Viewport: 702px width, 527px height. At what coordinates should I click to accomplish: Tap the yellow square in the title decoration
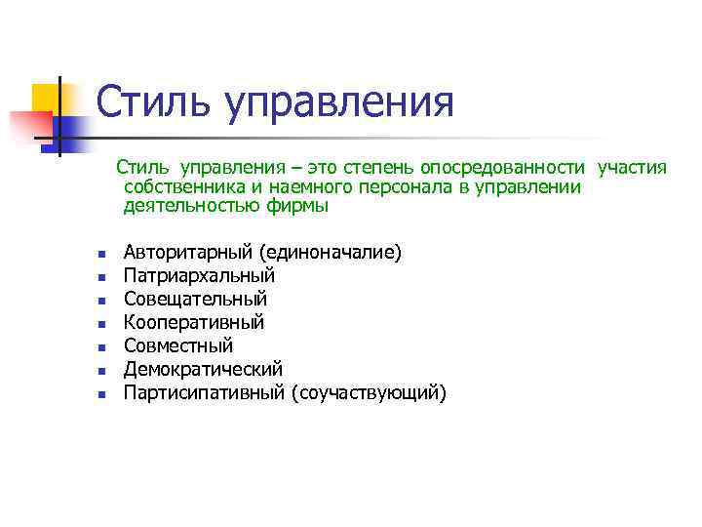coord(45,97)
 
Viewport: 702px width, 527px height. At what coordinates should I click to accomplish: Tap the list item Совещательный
coord(195,300)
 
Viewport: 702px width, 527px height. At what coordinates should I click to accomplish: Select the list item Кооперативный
coord(193,323)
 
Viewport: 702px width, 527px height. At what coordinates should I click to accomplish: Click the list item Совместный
coord(177,346)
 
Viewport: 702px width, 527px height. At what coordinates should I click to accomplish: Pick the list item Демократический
coord(202,370)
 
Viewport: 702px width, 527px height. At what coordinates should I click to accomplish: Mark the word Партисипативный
coord(205,393)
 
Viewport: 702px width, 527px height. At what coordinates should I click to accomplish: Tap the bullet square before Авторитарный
coord(98,255)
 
